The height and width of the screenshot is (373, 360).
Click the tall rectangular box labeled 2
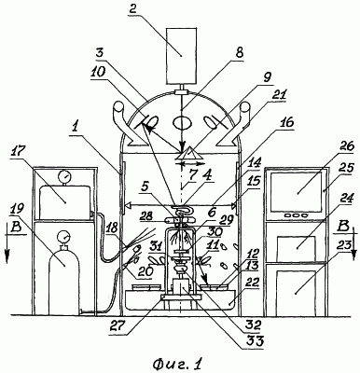pos(181,55)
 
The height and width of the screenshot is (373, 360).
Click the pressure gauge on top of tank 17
pos(64,177)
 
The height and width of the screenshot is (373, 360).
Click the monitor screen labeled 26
pos(297,192)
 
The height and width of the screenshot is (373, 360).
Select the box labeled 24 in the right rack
pos(296,247)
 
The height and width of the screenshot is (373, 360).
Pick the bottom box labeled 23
pos(296,290)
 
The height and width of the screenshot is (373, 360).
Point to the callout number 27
pos(118,327)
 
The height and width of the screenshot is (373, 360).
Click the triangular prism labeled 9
pos(187,154)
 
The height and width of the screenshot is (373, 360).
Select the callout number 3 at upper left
pos(100,54)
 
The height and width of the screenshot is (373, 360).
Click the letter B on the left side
pos(17,228)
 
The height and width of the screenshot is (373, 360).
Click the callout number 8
pos(239,53)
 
